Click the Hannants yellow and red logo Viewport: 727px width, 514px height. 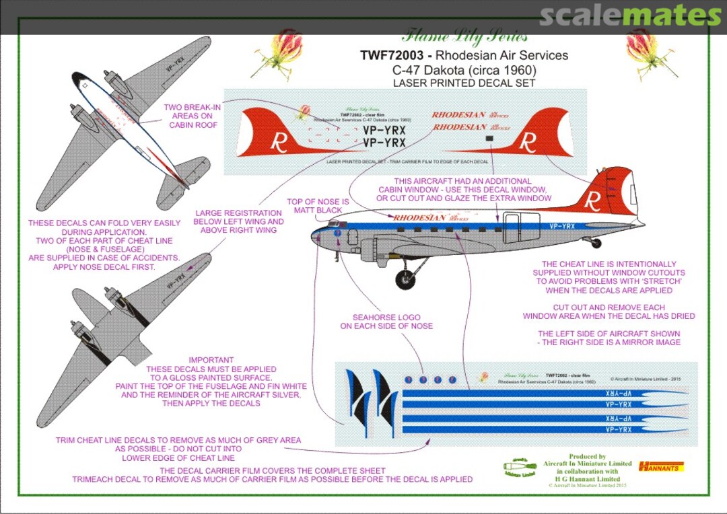pos(661,466)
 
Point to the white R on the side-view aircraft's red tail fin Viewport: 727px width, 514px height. pos(592,200)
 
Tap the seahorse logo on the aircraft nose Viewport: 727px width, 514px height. pos(337,232)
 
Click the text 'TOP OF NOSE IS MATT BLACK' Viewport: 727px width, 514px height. pos(318,206)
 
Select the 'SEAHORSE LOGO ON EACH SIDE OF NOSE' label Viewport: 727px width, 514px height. pos(386,322)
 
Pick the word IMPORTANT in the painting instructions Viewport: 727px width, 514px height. pos(211,360)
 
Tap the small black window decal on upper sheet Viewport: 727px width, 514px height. pos(489,138)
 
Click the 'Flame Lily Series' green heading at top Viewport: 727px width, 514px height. pos(464,37)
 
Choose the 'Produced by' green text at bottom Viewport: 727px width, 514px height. pos(587,456)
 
